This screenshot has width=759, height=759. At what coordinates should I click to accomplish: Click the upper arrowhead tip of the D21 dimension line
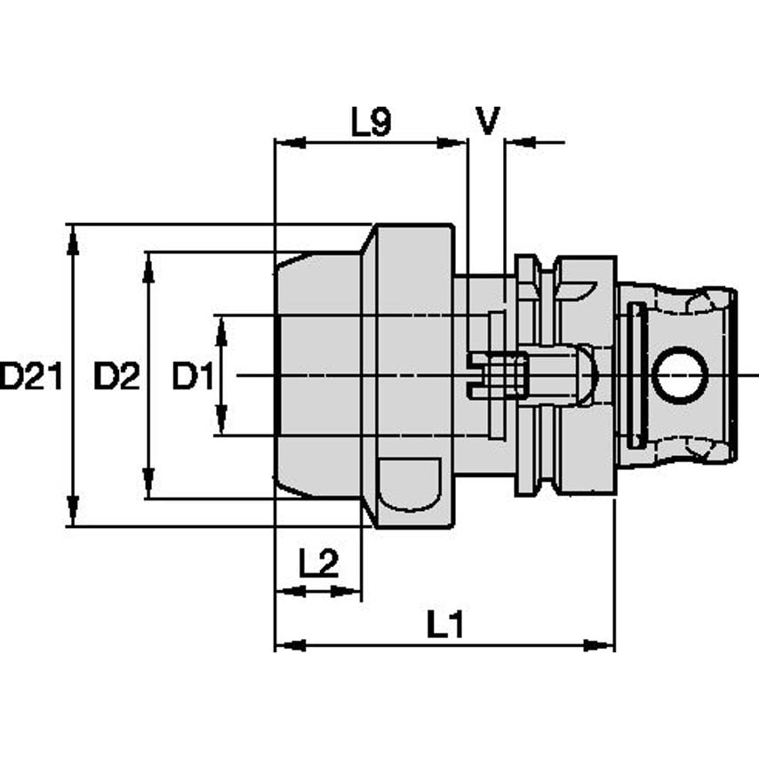73,226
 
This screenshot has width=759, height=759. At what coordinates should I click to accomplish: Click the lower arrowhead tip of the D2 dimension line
149,498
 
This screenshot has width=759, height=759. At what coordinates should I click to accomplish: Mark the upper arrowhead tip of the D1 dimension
221,316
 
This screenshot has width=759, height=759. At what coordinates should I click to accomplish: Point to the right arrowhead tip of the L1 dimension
613,645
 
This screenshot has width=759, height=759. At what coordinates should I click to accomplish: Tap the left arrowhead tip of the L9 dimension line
276,142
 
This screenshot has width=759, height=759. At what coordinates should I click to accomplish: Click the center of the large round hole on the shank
680,376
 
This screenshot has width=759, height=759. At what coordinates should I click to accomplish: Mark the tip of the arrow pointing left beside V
507,142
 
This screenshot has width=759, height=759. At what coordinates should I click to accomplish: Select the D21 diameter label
31,377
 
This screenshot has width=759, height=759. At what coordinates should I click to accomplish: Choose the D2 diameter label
116,377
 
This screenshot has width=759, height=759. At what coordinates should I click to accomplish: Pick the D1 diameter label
193,377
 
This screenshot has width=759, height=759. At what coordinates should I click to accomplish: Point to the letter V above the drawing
487,121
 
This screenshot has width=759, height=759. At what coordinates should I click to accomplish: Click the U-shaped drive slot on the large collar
410,484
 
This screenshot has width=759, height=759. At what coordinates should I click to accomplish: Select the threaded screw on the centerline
498,376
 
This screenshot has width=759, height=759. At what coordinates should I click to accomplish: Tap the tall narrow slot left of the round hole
636,375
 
